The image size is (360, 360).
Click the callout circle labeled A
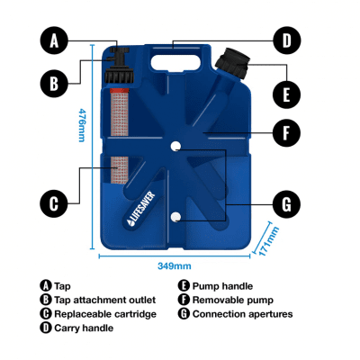(54, 40)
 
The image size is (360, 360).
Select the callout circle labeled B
(54, 84)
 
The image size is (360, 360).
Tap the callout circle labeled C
(54, 202)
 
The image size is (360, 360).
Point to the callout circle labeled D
(286, 40)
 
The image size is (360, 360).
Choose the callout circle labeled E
(286, 93)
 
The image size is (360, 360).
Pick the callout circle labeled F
(286, 134)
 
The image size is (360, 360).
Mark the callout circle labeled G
(286, 204)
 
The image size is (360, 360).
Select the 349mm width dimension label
(175, 265)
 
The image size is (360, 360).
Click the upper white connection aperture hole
(177, 146)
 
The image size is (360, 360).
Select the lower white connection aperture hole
(177, 218)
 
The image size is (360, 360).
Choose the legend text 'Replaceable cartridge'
(104, 314)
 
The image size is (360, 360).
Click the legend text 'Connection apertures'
(242, 314)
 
